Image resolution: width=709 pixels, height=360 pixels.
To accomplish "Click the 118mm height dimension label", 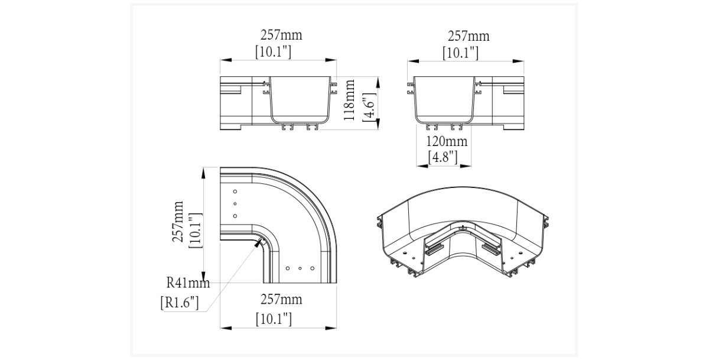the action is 349,100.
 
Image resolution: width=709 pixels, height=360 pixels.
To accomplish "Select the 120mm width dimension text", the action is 447,141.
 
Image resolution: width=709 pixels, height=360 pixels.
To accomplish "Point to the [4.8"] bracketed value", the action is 443,157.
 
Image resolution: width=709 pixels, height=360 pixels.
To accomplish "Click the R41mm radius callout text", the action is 188,283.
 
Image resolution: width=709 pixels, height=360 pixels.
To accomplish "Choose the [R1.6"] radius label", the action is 180,303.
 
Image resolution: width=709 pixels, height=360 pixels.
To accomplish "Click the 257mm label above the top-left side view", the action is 281,35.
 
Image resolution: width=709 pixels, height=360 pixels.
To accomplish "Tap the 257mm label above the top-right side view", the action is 469,36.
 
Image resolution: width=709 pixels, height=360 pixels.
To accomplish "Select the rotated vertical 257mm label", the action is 178,221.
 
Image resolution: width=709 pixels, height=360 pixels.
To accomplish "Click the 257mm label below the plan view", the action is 281,300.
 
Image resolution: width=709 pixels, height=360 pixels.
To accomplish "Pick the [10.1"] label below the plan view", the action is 274,319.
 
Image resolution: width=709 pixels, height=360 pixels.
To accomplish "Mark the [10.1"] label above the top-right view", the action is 460,53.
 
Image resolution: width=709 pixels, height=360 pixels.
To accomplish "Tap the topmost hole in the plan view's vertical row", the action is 235,192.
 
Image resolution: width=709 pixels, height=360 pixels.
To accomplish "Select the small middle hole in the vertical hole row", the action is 235,203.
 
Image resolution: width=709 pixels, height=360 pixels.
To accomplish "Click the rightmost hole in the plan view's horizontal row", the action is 312,268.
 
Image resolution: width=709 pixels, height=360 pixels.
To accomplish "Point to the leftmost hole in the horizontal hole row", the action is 287,268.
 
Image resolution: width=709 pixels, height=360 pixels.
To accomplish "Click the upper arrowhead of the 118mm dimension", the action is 378,83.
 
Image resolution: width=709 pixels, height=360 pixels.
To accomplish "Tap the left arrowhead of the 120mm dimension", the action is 422,166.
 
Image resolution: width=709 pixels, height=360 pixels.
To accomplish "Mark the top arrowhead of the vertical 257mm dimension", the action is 203,173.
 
